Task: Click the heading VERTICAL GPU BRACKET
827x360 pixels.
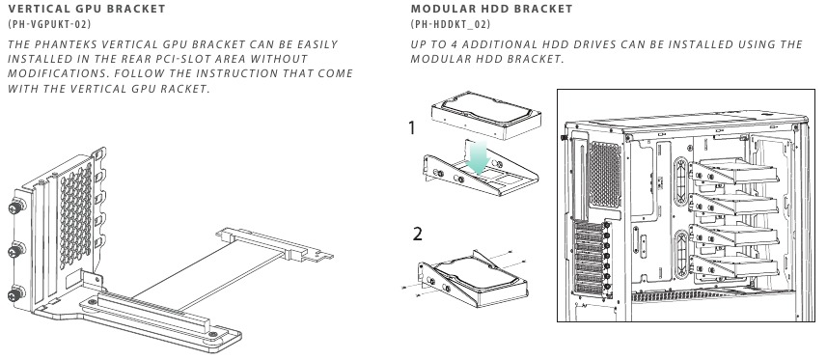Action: click(87, 9)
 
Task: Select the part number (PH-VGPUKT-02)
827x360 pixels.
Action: click(49, 24)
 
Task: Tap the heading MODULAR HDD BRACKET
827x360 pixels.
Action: click(491, 9)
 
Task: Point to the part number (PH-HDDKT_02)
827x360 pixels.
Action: click(451, 24)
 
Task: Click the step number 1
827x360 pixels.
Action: click(412, 127)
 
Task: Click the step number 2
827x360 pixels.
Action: click(417, 234)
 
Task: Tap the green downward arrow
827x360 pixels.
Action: click(479, 156)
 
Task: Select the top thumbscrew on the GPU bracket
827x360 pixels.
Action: click(16, 206)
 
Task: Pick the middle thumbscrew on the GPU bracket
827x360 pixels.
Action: click(16, 249)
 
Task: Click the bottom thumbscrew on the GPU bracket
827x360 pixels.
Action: click(16, 293)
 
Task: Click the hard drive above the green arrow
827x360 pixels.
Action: click(486, 115)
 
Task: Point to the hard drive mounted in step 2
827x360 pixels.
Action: click(478, 273)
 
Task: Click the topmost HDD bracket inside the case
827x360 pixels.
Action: click(733, 172)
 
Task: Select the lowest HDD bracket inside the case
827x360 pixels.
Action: click(733, 267)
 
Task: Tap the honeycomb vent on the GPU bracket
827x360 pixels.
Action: click(76, 214)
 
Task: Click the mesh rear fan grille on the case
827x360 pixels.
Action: click(604, 174)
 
